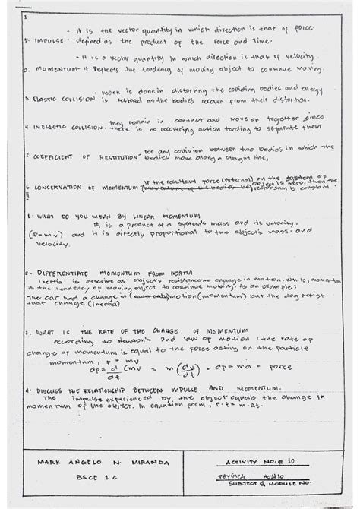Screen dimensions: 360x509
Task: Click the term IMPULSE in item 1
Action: coord(41,42)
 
